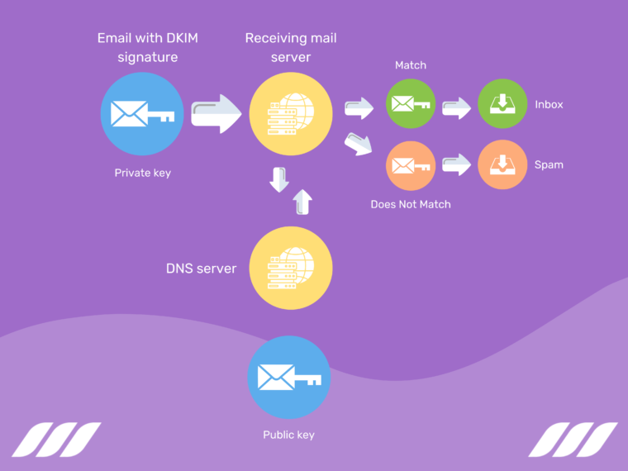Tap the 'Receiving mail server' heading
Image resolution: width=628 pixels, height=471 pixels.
(291, 48)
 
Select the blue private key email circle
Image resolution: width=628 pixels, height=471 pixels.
(142, 114)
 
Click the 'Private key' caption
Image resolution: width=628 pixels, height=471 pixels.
(142, 173)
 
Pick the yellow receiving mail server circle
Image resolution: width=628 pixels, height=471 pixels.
(291, 114)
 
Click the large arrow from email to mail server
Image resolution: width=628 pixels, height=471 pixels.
(216, 114)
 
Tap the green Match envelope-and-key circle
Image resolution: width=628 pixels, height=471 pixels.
(411, 105)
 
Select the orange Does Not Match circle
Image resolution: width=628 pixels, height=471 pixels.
(411, 164)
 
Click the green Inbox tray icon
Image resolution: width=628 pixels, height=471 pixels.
(502, 105)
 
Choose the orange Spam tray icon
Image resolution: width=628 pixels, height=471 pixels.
(502, 164)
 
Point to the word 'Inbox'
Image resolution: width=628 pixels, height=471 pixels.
(549, 105)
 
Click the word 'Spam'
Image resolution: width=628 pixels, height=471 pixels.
(549, 164)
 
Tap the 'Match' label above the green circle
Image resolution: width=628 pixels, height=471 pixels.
(411, 65)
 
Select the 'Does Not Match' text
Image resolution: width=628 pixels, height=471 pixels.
(411, 203)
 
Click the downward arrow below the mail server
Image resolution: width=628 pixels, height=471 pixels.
(279, 179)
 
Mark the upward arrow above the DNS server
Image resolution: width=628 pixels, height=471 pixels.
(303, 202)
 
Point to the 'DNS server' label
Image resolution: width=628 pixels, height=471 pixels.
(201, 269)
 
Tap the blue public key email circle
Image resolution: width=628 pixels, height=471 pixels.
(288, 377)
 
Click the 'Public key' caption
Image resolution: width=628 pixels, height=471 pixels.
(288, 435)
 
